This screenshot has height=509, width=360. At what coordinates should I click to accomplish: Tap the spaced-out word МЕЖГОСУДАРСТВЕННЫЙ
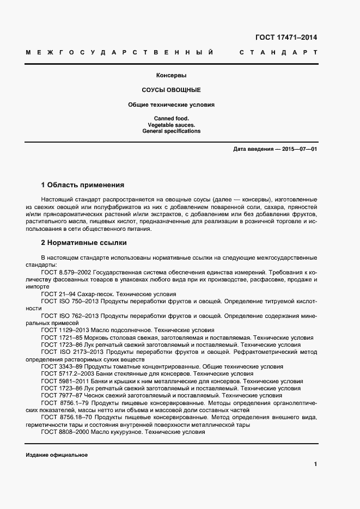tap(119, 53)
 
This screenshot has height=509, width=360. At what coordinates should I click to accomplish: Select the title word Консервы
tap(172, 76)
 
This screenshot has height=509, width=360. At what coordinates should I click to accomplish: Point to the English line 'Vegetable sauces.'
tap(172, 125)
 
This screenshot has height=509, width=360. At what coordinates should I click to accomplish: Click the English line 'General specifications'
tap(172, 131)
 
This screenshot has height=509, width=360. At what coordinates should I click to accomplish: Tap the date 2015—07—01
tap(298, 149)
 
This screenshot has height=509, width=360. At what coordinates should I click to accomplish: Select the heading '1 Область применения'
tap(83, 185)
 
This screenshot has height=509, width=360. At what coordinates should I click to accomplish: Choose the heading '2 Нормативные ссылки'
tap(84, 243)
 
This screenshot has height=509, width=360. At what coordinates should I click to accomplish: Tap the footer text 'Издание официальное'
tap(57, 455)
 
